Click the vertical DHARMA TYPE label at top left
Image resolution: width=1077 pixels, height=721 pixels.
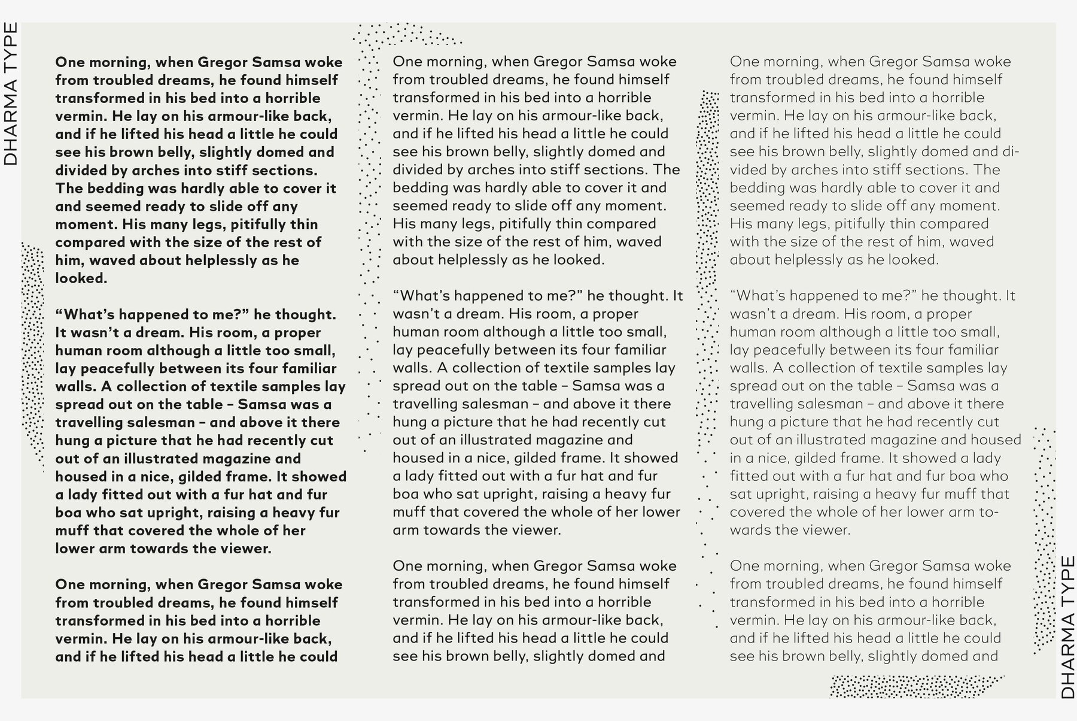tap(11, 94)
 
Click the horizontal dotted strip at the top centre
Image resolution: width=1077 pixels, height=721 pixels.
tap(407, 34)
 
